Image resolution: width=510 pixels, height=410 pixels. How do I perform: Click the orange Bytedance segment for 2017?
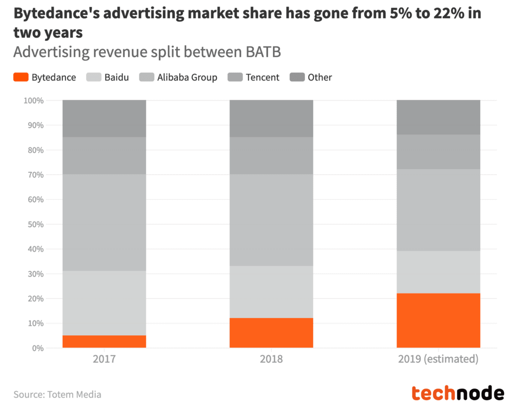(104, 341)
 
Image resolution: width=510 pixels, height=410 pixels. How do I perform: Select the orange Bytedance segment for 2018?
(271, 333)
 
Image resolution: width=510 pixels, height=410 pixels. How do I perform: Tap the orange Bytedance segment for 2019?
(438, 320)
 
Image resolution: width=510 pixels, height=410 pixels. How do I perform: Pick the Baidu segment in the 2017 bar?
(104, 303)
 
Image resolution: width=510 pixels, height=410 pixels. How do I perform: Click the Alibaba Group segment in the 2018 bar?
(271, 220)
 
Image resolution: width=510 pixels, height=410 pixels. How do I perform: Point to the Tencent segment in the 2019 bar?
(438, 152)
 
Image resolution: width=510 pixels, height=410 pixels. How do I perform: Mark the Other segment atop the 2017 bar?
(104, 118)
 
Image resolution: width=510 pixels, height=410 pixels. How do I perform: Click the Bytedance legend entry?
(45, 77)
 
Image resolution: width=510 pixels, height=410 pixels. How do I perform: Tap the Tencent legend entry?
(254, 77)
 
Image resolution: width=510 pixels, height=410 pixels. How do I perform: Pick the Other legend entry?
(311, 77)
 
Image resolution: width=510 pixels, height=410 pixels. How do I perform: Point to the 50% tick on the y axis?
(33, 224)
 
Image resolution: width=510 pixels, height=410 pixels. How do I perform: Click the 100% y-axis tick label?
(32, 101)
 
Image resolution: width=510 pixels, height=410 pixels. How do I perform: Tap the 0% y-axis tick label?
(37, 348)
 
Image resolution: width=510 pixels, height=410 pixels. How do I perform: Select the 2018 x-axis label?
(271, 359)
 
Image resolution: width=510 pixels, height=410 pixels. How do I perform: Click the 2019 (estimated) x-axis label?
(438, 359)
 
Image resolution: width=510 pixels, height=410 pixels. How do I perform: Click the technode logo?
(458, 393)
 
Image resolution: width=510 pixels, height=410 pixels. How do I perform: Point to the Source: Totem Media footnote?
(57, 395)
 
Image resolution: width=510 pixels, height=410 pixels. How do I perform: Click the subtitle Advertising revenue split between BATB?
(147, 52)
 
